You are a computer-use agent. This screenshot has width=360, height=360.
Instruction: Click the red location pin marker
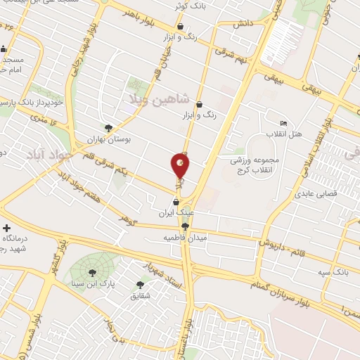click(180, 166)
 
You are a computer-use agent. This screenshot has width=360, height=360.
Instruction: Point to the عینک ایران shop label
click(175, 212)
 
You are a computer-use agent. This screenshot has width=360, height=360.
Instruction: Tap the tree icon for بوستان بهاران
click(108, 128)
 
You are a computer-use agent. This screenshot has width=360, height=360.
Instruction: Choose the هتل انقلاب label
click(285, 134)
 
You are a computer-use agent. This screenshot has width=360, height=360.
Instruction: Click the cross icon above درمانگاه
click(7, 229)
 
